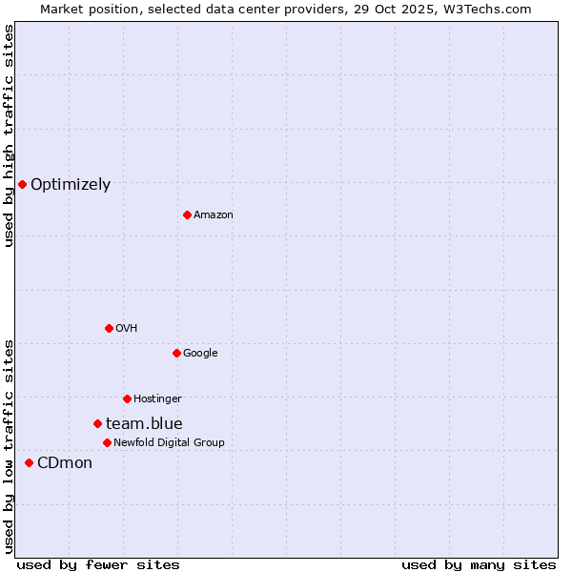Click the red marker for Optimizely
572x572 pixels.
(x=22, y=184)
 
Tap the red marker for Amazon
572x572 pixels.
(x=187, y=214)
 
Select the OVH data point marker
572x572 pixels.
(x=109, y=328)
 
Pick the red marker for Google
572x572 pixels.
(x=176, y=353)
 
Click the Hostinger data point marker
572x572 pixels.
(x=127, y=398)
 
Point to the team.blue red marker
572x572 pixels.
(x=97, y=423)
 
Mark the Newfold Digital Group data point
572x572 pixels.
(x=107, y=442)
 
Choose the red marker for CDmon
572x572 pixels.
(x=29, y=462)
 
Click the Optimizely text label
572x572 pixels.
(x=71, y=185)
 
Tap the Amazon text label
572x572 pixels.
(x=214, y=215)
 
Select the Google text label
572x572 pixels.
(x=200, y=354)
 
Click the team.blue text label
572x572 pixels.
(x=144, y=424)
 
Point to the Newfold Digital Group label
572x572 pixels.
(x=169, y=442)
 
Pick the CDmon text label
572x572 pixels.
(x=65, y=463)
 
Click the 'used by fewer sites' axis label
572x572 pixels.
(x=98, y=565)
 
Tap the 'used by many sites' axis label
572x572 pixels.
(x=479, y=565)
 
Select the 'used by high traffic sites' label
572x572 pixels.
(x=9, y=135)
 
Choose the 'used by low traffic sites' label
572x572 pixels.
(x=9, y=446)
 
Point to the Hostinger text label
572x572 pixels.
(x=157, y=398)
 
